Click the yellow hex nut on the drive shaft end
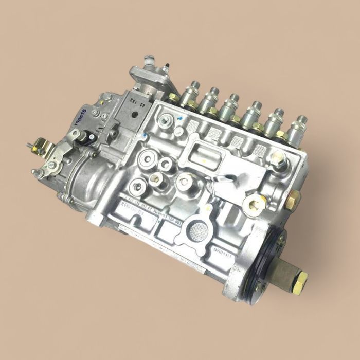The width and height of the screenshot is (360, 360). (x=299, y=281)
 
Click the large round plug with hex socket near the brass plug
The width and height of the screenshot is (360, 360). (x=254, y=205)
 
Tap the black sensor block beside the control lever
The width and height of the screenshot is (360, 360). (x=87, y=137)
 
